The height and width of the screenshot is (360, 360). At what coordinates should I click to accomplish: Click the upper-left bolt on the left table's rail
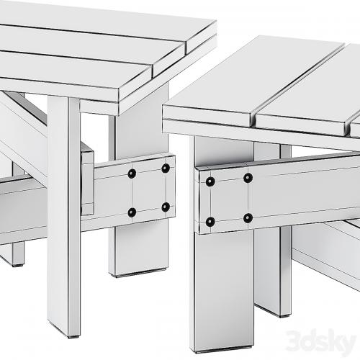132,174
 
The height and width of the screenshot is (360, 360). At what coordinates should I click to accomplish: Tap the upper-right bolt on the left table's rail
166,168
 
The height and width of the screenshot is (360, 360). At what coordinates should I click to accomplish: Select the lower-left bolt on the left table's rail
132,212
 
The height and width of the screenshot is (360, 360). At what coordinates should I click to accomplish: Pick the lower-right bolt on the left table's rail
166,207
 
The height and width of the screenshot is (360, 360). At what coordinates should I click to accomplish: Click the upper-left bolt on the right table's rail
210,181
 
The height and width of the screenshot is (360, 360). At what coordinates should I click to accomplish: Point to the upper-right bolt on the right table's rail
248,178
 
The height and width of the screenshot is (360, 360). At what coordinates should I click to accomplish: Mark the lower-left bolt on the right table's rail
210,222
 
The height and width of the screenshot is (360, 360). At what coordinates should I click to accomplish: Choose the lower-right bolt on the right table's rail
248,218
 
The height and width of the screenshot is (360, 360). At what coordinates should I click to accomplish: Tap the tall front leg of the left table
64,216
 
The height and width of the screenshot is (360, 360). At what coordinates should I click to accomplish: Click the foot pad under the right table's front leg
223,350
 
